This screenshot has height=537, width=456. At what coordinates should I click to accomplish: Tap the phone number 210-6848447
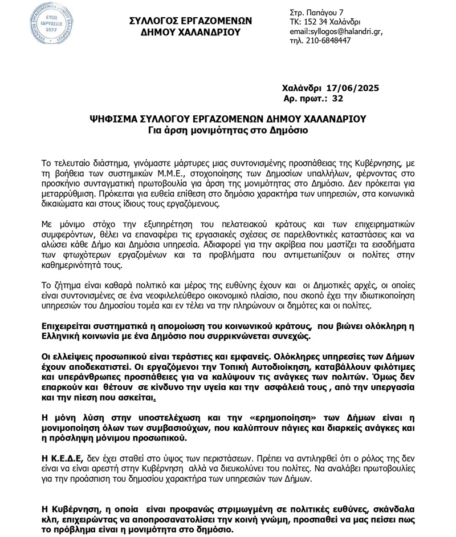331,41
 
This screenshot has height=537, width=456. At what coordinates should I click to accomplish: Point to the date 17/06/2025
353,88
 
